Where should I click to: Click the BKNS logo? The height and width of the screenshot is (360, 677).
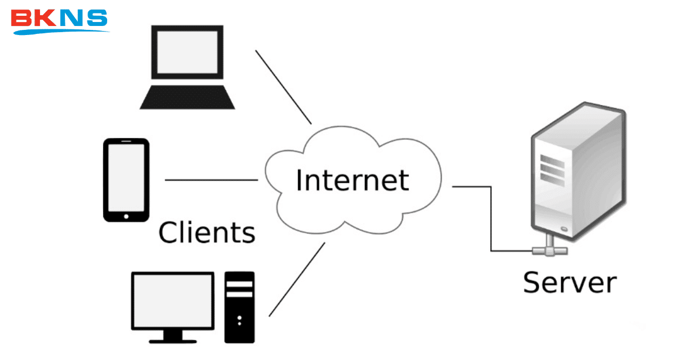(x=59, y=20)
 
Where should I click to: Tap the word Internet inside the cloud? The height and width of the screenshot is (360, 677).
(x=352, y=180)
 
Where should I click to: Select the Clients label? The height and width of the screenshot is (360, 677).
(x=206, y=232)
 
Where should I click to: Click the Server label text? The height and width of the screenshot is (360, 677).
(x=569, y=282)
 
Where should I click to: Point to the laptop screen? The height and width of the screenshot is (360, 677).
(x=187, y=51)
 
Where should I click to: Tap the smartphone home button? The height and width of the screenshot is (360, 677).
(x=126, y=216)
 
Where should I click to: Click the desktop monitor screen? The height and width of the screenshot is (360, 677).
(x=173, y=300)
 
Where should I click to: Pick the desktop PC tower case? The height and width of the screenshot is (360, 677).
(x=239, y=307)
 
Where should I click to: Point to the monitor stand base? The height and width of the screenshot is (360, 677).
(x=173, y=340)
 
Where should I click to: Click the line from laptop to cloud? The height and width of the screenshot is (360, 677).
(x=283, y=87)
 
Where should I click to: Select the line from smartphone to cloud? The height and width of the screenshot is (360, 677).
(x=211, y=180)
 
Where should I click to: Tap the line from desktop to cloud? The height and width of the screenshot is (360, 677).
(x=297, y=279)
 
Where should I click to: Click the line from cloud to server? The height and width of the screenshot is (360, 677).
(x=472, y=186)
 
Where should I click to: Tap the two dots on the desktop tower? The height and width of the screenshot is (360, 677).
(x=239, y=321)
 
